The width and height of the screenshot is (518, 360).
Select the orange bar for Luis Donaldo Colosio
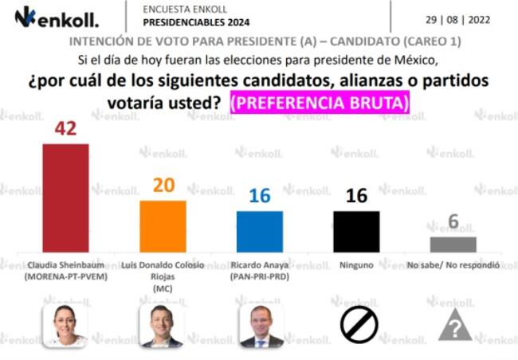[163, 226]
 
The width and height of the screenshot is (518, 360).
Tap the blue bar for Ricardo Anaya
[260, 232]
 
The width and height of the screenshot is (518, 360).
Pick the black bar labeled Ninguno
[356, 232]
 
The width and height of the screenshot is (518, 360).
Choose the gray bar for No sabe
[453, 245]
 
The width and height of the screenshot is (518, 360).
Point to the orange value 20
[163, 186]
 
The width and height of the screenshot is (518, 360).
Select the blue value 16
[260, 196]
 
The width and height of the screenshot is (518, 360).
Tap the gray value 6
[453, 222]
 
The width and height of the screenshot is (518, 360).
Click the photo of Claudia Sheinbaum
[65, 325]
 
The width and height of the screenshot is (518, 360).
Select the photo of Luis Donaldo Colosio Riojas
[162, 325]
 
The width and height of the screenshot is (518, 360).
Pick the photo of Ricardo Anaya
[261, 325]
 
